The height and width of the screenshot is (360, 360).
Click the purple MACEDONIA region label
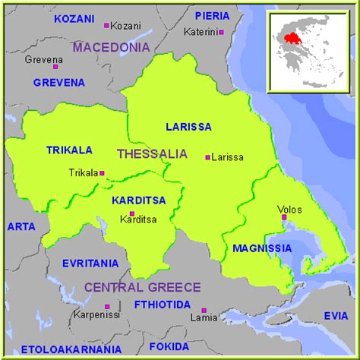[111, 48]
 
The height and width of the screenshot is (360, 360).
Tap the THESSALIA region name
[152, 153]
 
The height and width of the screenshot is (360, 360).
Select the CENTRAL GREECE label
[142, 287]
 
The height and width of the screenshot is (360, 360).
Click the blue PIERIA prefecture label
[212, 15]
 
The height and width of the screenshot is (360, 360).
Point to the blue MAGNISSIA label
[261, 248]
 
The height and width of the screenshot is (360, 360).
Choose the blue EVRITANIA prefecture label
[90, 264]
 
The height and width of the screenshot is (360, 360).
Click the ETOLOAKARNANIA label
[70, 349]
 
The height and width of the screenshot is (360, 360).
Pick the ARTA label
[21, 226]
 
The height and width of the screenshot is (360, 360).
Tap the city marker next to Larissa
[207, 158]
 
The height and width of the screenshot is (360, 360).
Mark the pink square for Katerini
[223, 32]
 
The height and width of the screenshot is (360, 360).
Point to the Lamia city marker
[204, 311]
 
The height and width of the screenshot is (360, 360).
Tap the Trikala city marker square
[103, 172]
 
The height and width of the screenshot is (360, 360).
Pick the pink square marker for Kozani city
[106, 25]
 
